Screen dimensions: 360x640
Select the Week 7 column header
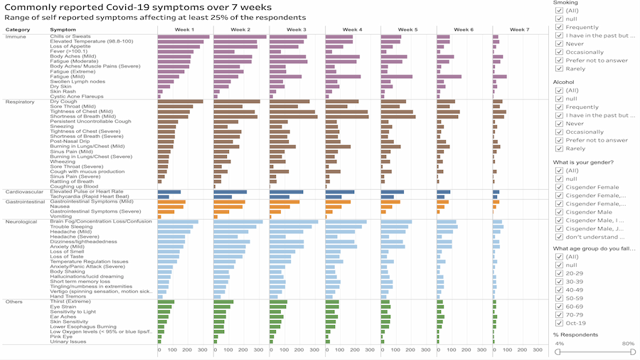click(x=519, y=29)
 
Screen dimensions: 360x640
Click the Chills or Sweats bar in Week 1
click(x=183, y=36)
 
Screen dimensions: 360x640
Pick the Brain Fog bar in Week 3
click(x=294, y=221)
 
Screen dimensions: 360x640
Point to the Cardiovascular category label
click(x=25, y=191)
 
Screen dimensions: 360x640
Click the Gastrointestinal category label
click(x=26, y=202)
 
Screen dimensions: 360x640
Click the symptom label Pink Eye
click(x=62, y=336)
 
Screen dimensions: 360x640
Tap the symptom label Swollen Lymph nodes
click(x=78, y=81)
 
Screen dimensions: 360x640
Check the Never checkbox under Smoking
click(x=559, y=43)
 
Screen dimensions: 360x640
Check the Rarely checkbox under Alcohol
click(x=559, y=149)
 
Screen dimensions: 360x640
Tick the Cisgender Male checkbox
click(x=559, y=212)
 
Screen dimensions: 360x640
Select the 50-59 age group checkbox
click(x=559, y=299)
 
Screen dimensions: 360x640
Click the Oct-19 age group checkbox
click(x=559, y=323)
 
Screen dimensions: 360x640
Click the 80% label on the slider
click(x=629, y=344)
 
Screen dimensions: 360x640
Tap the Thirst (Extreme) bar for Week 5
click(x=386, y=302)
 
